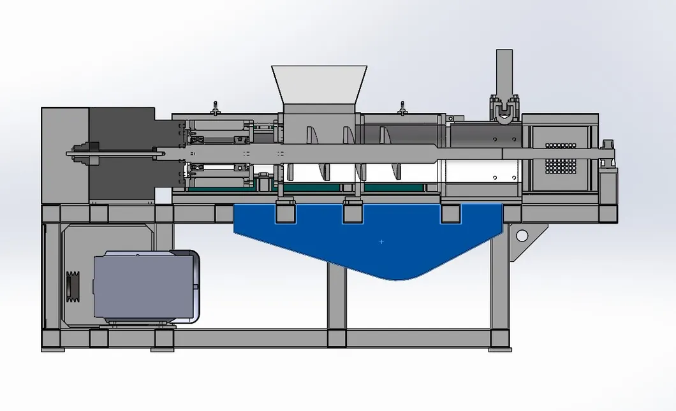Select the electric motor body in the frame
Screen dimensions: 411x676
(144, 286)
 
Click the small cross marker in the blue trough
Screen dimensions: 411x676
(381, 242)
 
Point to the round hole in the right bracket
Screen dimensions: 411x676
(522, 236)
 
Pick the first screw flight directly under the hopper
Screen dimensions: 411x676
(311, 136)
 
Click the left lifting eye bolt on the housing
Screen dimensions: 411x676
(216, 108)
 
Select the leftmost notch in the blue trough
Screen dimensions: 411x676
(284, 213)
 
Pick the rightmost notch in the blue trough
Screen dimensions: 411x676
(451, 213)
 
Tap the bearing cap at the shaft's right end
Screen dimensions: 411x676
(609, 153)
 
